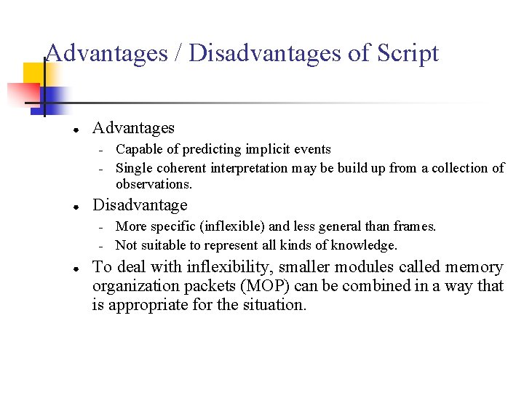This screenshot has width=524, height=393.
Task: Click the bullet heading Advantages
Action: pyautogui.click(x=133, y=128)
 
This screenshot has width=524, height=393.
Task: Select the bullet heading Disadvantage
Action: pyautogui.click(x=140, y=205)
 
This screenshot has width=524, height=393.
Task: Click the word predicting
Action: pyautogui.click(x=212, y=149)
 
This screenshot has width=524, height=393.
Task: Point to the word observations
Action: pyautogui.click(x=154, y=184)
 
